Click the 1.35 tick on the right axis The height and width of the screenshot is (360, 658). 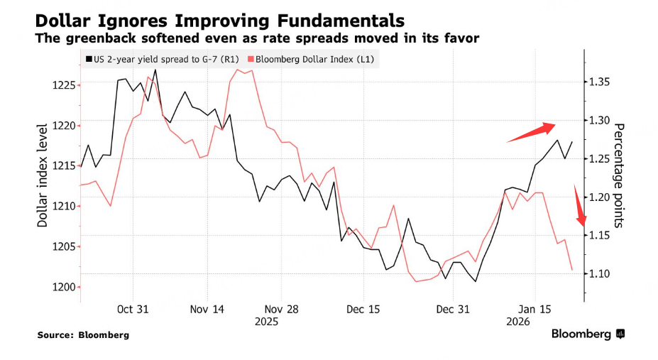(x=601, y=82)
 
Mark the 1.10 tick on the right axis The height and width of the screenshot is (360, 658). (x=601, y=273)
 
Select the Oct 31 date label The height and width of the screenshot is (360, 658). (x=133, y=310)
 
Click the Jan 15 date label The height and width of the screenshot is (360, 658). (x=535, y=310)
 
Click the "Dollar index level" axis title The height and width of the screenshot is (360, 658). (x=43, y=175)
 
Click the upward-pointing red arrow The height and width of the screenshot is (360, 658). (x=532, y=132)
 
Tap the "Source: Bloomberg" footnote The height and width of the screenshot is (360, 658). (x=84, y=334)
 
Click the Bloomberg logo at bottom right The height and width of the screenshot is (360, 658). (x=588, y=333)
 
